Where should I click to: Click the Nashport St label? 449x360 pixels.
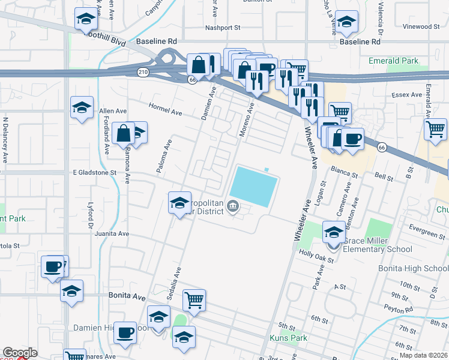point(222,28)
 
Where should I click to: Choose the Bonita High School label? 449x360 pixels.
point(413,269)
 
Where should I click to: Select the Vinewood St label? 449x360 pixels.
point(421,27)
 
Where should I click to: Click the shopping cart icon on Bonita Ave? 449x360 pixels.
point(194,299)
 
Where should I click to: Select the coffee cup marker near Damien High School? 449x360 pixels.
point(125,332)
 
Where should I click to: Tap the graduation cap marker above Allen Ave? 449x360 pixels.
point(82,107)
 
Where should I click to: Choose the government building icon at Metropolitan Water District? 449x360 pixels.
point(233,208)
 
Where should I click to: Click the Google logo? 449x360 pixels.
point(20,353)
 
